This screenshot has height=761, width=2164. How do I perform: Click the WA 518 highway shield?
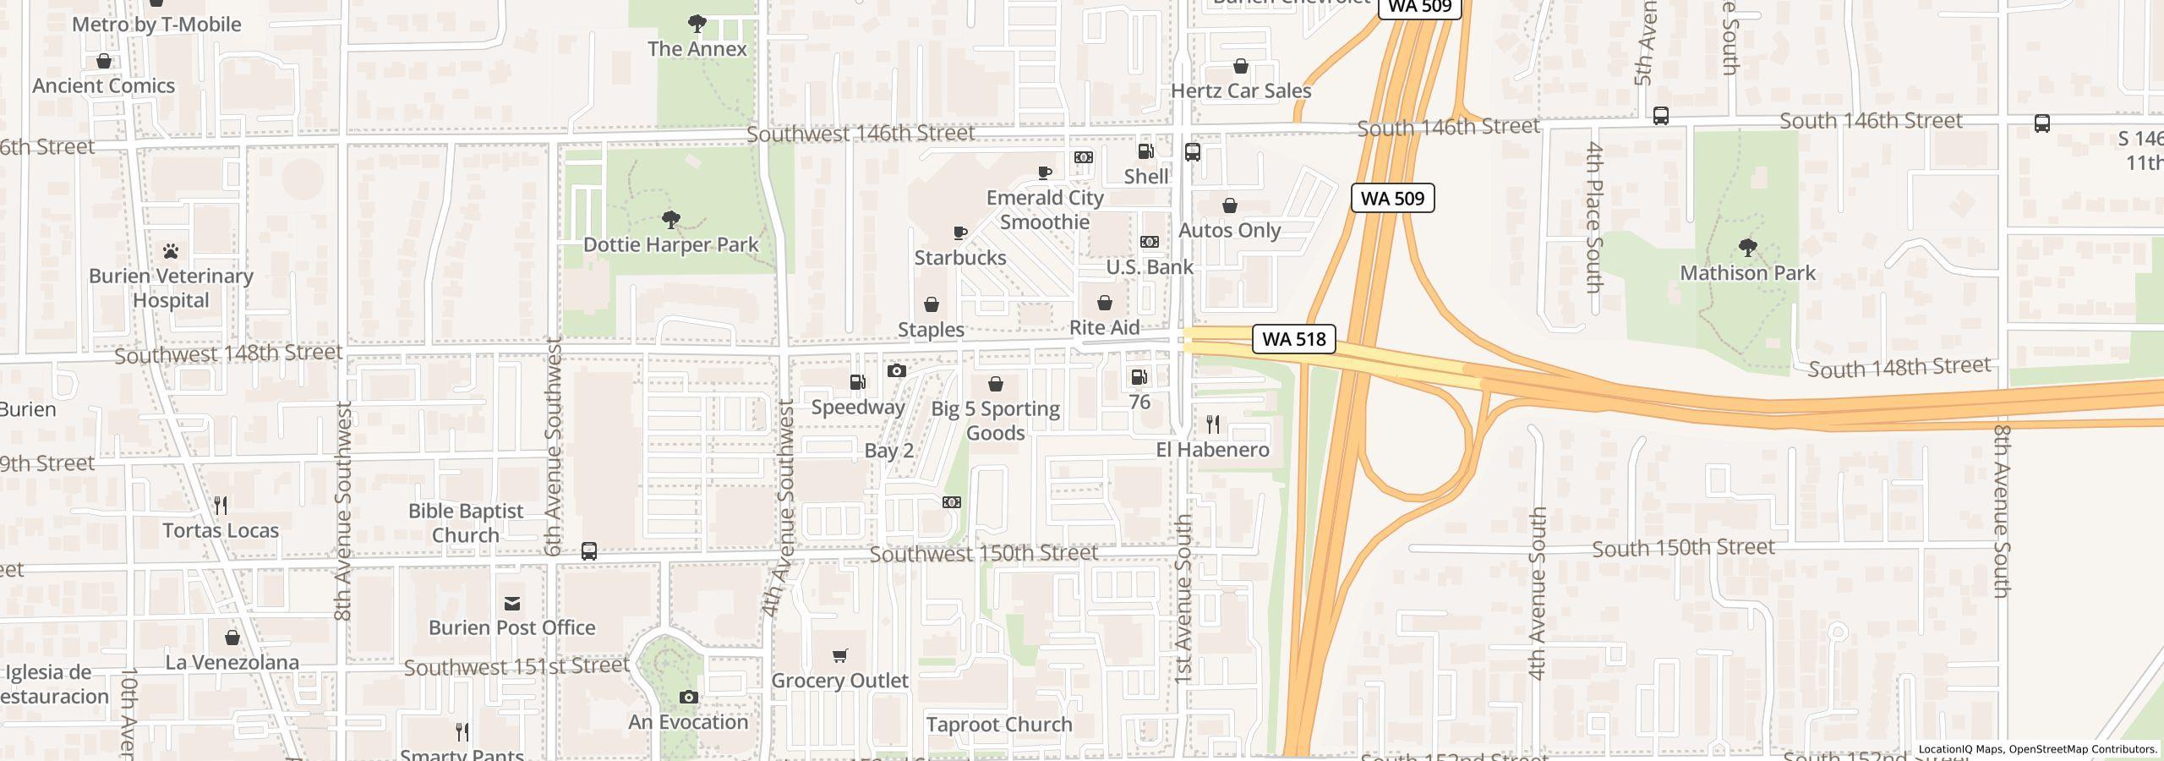pos(1293,339)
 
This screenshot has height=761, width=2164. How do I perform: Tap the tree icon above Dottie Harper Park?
pos(671,221)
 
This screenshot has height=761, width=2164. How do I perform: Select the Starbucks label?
pos(960,257)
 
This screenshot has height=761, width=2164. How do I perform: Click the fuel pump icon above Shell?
pos(1146,152)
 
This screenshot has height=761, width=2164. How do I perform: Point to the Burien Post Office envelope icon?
pos(512,603)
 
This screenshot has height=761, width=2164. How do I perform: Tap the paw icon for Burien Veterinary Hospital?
pos(171,251)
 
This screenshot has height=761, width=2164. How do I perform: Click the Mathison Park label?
pos(1747,273)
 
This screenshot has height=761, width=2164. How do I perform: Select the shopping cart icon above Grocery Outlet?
pos(839,656)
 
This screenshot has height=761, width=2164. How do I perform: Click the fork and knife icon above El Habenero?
pos(1213,424)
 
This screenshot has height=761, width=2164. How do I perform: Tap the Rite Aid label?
pos(1104,327)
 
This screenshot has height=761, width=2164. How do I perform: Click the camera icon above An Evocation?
pos(689,698)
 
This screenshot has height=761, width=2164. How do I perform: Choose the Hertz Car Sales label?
pos(1240,90)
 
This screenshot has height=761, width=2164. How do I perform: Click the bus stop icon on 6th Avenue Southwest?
pos(589,552)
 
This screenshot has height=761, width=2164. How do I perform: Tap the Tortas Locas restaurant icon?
pos(221,506)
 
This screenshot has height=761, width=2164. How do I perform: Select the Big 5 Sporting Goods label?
pos(995,420)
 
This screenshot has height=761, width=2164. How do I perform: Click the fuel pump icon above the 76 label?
pos(1139,377)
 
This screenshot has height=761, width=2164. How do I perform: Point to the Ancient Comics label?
pos(104,85)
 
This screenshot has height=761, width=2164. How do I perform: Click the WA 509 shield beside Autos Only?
pos(1392,198)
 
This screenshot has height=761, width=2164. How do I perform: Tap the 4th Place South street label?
pos(1593,218)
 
